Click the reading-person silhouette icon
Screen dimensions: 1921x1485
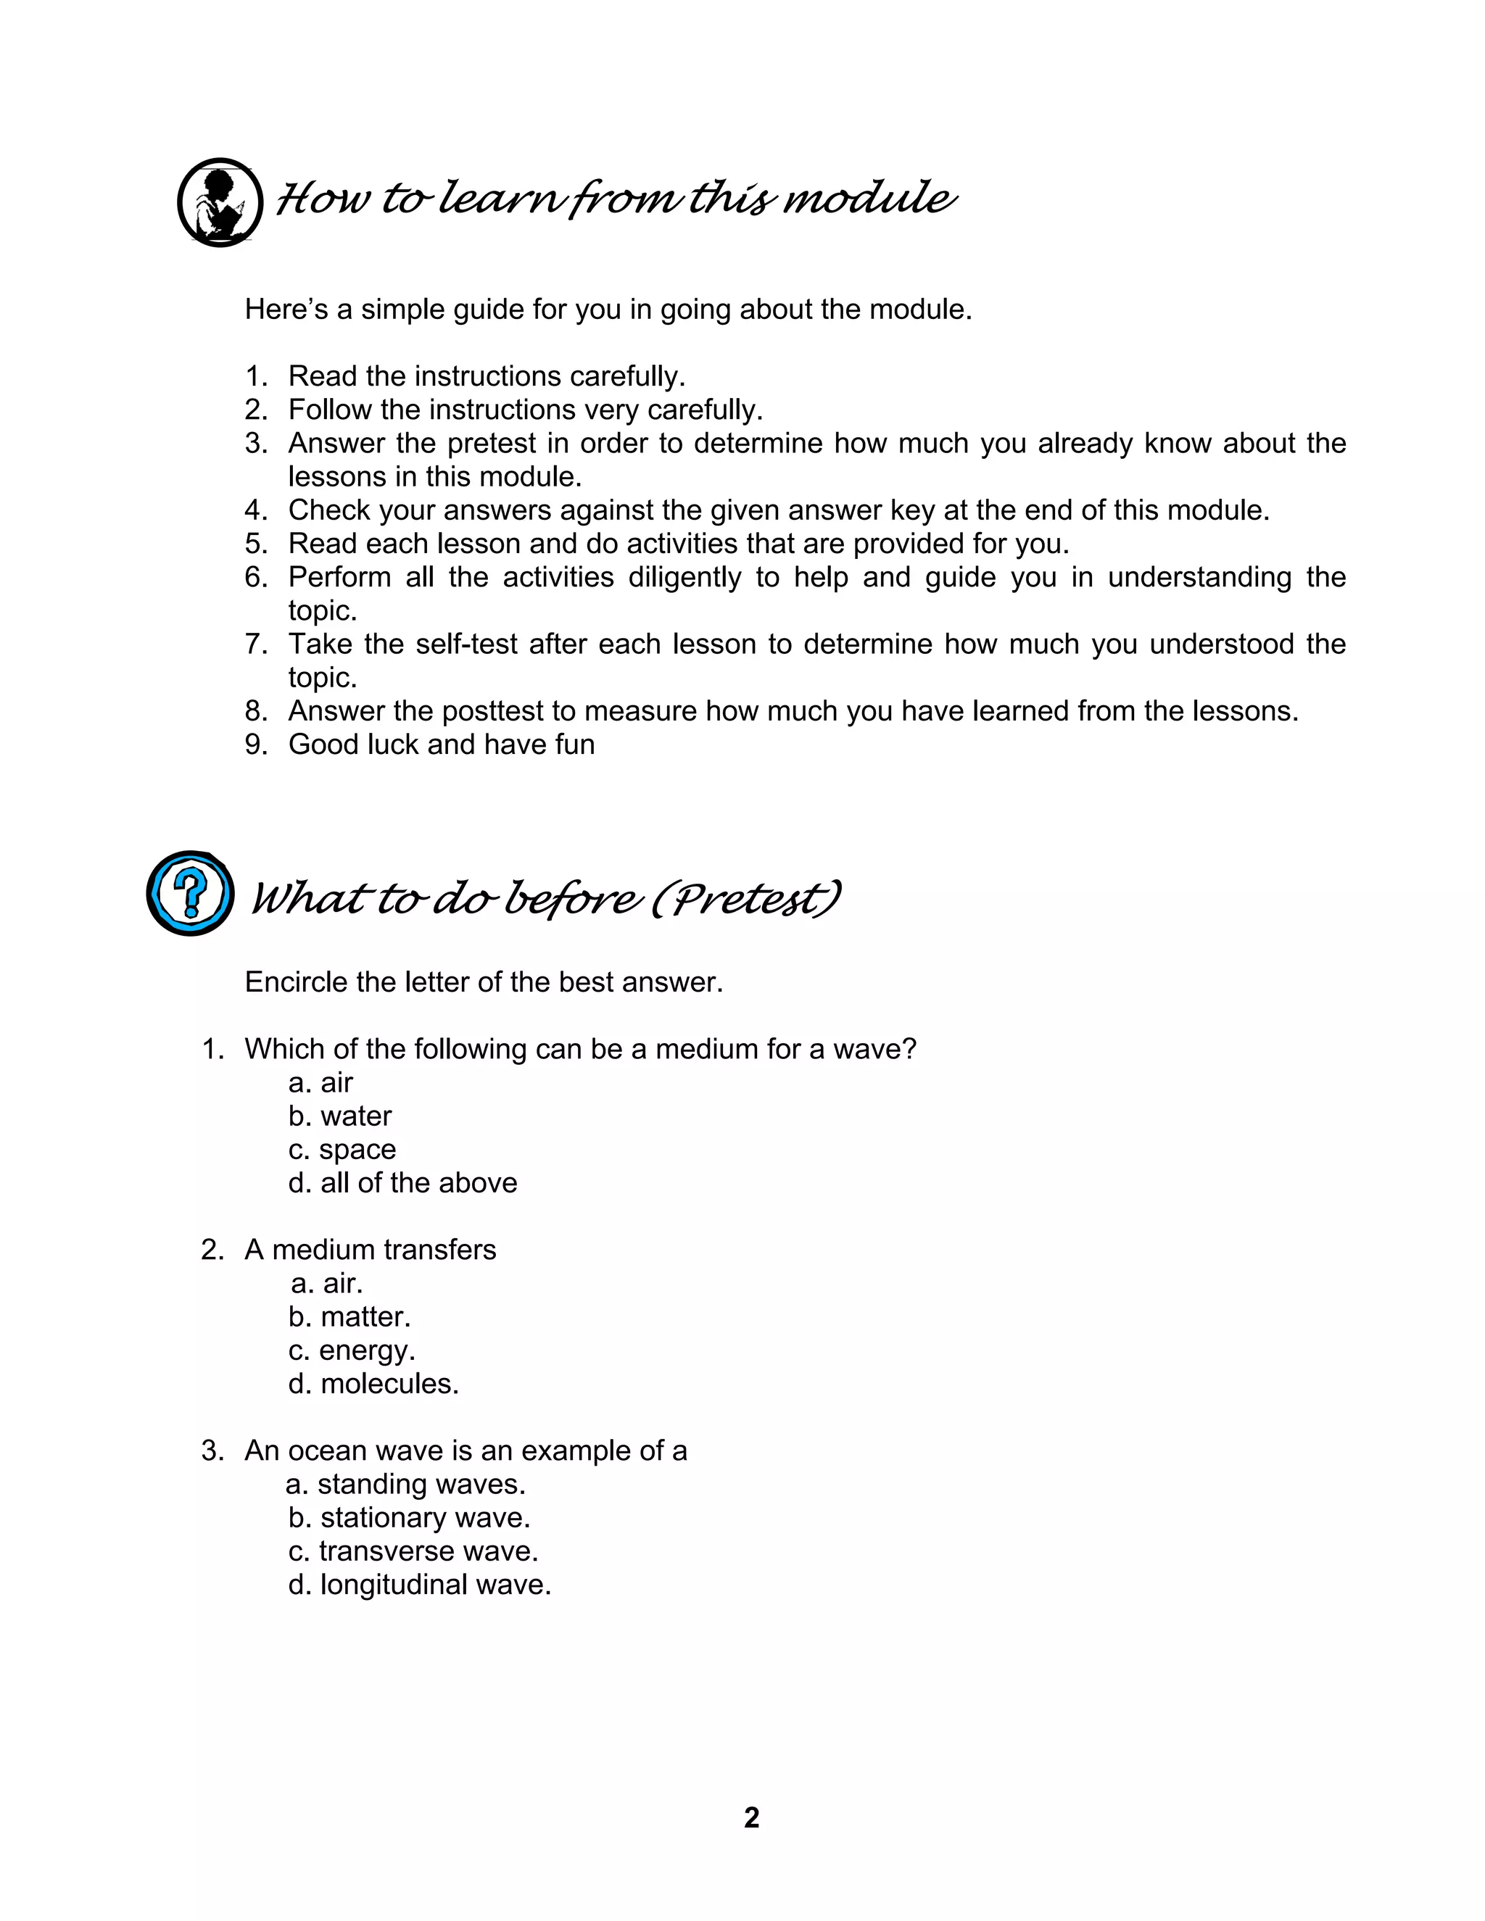click(x=220, y=202)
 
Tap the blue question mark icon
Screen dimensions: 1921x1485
click(x=190, y=893)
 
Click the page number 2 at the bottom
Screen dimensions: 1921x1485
click(x=751, y=1817)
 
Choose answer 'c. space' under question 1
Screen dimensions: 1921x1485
click(x=342, y=1150)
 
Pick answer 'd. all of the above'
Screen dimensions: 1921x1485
click(x=403, y=1183)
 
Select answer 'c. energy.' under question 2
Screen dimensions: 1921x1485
click(x=352, y=1350)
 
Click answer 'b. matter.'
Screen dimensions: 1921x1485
click(x=349, y=1316)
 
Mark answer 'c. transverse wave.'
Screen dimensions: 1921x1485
click(x=413, y=1551)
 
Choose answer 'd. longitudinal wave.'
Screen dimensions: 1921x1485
click(x=420, y=1584)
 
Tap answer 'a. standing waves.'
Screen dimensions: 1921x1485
click(x=405, y=1484)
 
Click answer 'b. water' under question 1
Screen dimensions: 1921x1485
click(x=339, y=1116)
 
